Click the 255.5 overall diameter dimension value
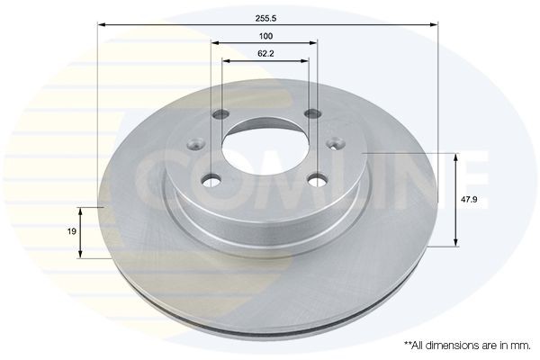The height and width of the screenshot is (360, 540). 266,16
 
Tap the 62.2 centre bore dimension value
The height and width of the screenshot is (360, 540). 265,53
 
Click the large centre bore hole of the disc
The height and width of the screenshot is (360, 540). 265,148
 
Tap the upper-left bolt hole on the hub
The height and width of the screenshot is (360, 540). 221,115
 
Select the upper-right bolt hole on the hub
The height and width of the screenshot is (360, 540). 312,114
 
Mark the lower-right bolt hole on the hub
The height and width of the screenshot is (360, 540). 317,180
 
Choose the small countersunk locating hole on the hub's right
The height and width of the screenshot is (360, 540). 337,142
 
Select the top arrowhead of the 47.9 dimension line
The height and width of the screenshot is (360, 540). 457,157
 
